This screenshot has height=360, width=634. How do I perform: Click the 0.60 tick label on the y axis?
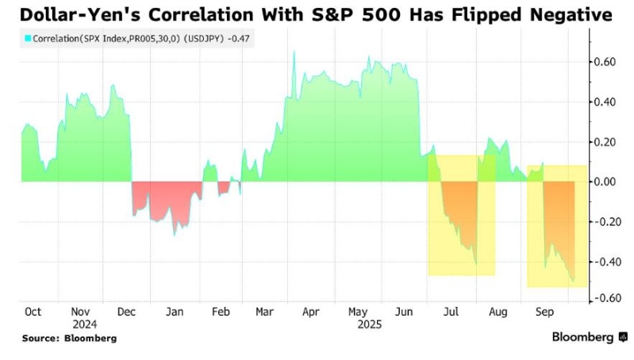click(609, 62)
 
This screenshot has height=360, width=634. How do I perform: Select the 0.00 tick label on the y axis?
click(609, 182)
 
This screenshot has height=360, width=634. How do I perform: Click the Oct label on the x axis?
click(34, 312)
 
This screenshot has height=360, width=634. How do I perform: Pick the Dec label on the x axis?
click(127, 312)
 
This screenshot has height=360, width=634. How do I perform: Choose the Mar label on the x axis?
click(264, 312)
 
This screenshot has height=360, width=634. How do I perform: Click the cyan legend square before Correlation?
click(27, 38)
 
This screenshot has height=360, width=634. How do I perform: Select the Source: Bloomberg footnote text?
click(69, 339)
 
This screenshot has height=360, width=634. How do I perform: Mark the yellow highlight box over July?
click(461, 215)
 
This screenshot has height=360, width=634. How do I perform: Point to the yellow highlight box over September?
click(556, 226)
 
